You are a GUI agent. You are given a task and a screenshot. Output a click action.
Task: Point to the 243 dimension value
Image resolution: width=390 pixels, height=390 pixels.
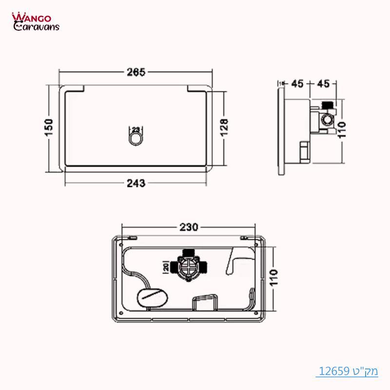click(136, 183)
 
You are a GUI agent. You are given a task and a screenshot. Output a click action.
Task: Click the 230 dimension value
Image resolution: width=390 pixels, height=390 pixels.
click(189, 227)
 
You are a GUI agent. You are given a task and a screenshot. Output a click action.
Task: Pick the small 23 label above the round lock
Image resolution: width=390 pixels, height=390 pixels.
click(136, 129)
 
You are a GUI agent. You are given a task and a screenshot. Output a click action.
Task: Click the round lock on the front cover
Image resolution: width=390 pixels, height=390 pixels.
click(136, 139)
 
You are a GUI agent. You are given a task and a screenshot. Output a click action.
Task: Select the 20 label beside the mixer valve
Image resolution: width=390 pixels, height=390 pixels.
click(166, 267)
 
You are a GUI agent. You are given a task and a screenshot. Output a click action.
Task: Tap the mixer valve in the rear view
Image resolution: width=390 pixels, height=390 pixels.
click(188, 266)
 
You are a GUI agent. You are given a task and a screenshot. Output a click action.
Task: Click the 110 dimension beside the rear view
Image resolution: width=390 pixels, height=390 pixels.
click(274, 279)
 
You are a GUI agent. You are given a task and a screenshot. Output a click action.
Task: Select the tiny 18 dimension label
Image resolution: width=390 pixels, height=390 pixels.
click(280, 84)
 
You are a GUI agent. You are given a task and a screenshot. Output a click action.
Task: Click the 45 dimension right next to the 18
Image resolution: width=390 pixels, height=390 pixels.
click(297, 84)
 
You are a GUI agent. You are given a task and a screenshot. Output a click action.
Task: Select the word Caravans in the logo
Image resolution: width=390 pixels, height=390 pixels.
click(37, 27)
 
